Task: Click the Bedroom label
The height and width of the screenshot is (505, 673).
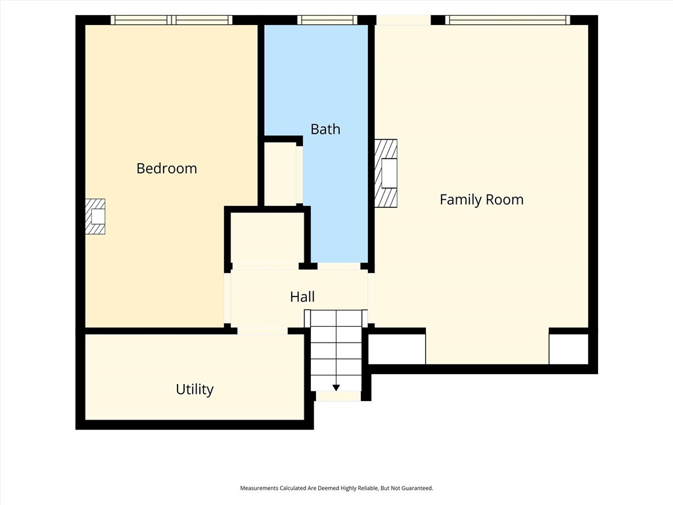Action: [166, 168]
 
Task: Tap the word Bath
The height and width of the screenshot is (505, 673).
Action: [325, 130]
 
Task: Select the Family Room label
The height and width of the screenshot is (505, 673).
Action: [482, 200]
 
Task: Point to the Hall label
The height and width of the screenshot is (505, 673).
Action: [302, 297]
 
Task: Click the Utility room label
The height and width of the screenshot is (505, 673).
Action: [195, 389]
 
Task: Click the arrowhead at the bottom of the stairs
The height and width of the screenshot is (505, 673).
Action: [336, 388]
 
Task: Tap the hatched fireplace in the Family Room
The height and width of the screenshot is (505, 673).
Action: [385, 173]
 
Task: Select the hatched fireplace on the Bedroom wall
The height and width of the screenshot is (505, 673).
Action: [95, 216]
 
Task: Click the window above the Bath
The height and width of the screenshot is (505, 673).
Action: [327, 20]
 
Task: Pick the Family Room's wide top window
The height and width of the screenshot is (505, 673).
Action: [508, 20]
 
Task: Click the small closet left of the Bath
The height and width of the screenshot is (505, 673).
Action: [280, 174]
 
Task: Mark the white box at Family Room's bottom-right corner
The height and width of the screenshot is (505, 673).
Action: [569, 349]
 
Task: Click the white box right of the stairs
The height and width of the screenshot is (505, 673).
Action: [397, 349]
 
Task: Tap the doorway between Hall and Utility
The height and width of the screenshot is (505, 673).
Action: [262, 331]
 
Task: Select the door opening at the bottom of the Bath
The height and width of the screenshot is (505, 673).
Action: [339, 266]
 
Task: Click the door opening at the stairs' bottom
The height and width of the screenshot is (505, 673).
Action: [338, 396]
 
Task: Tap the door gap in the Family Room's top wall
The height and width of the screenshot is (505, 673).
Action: [404, 20]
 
